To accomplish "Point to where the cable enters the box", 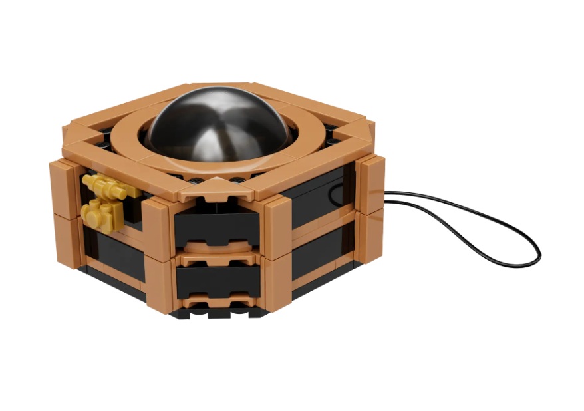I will (386, 197).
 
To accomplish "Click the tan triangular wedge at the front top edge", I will (216, 189).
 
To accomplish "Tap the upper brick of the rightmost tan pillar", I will (371, 184).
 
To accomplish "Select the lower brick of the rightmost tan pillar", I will (370, 235).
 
